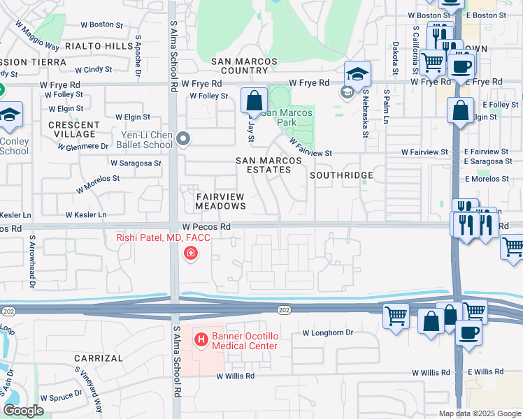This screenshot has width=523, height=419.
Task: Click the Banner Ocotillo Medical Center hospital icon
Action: [x=201, y=340]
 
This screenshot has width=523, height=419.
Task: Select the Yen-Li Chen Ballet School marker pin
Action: [x=183, y=140]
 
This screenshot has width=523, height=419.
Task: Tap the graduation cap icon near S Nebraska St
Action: [x=357, y=75]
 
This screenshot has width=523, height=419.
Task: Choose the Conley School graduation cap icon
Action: [x=10, y=116]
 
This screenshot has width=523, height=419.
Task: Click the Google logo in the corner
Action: [x=23, y=411]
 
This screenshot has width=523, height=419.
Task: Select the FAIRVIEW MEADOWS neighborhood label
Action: [x=220, y=201]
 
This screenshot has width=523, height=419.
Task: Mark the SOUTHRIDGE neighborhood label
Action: [x=341, y=175]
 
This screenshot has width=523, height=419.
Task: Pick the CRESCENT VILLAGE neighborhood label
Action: [x=71, y=129]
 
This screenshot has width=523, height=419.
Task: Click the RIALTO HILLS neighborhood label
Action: [x=98, y=46]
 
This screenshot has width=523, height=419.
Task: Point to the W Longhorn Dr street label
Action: [x=328, y=333]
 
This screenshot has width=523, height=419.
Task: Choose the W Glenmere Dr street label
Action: [x=83, y=147]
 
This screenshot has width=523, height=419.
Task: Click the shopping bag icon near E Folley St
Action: [x=461, y=110]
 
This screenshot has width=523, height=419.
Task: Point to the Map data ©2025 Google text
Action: [x=480, y=413]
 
